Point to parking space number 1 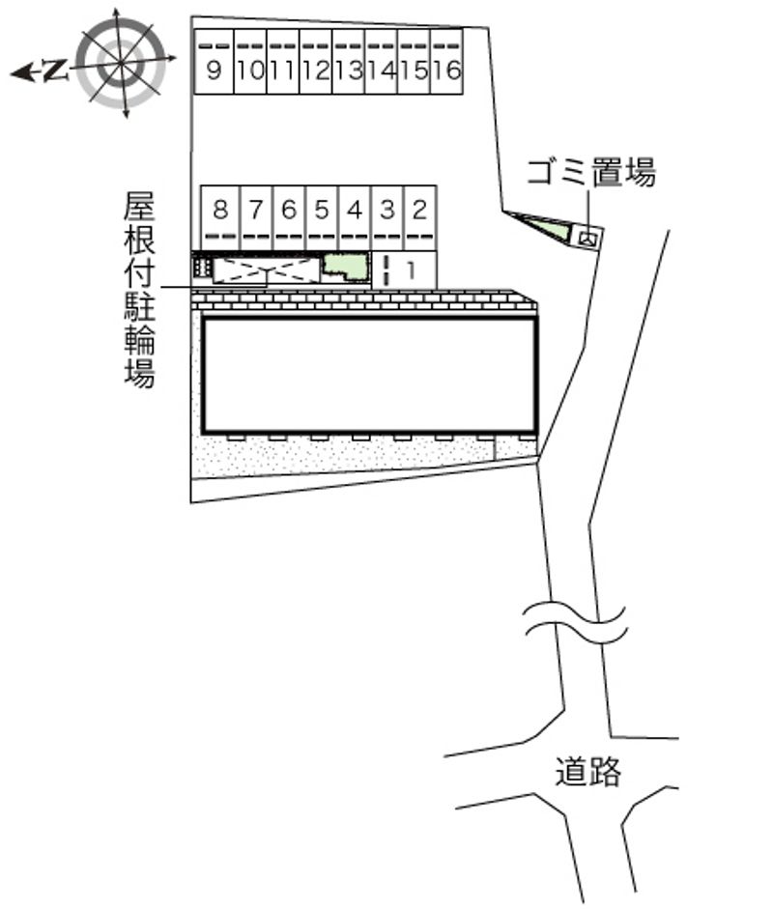pos(411,270)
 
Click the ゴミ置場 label pos(591,174)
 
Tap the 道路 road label pos(588,772)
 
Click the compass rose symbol pos(121,63)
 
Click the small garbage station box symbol pos(588,235)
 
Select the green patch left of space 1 pos(344,267)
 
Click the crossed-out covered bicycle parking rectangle pos(266,270)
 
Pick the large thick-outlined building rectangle pos(369,375)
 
